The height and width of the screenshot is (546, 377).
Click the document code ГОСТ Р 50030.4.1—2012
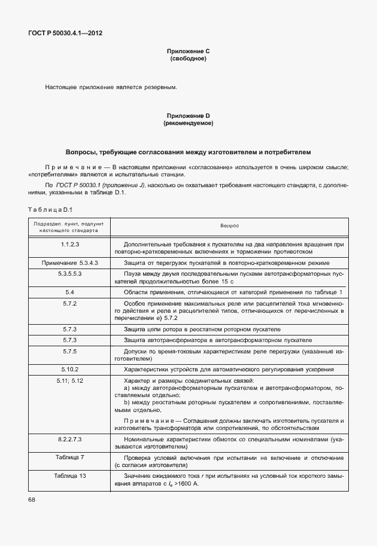pos(65,33)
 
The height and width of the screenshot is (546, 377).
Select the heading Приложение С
pos(188,51)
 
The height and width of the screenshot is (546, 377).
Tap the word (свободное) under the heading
pos(188,59)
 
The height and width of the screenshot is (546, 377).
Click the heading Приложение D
pos(188,115)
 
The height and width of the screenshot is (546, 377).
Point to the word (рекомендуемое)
pos(188,123)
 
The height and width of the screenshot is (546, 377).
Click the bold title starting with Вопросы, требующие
pos(188,152)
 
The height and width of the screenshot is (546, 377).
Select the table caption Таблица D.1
pos(50,209)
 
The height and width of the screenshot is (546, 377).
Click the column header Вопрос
pos(229,226)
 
